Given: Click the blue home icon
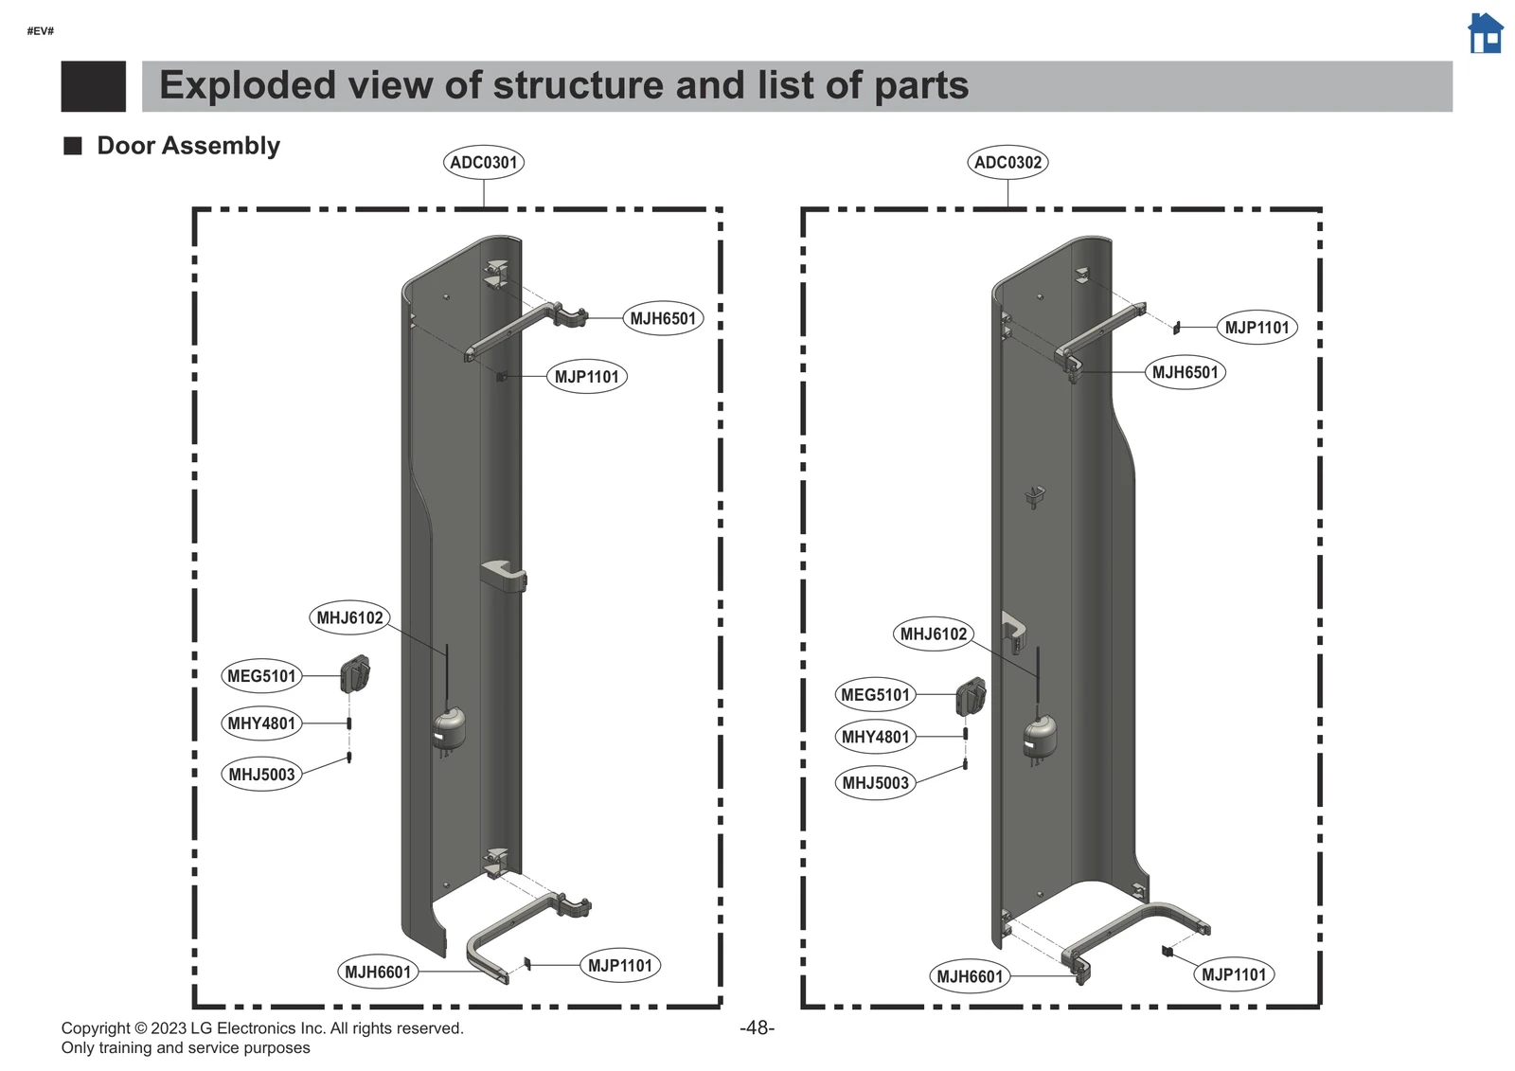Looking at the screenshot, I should point(1485,33).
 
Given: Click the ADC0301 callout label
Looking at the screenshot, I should point(484,162).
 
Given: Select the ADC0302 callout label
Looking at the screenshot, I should point(1007,162).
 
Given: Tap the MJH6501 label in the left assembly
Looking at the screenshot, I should point(663,319).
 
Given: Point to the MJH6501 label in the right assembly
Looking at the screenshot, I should point(1185,372).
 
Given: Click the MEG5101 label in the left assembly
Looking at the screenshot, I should point(262,676).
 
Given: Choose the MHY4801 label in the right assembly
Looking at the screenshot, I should point(875,737).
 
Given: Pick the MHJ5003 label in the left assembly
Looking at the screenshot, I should point(261,775).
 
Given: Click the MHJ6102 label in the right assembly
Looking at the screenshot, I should point(933,634).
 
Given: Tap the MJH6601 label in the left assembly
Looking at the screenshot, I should point(378,972).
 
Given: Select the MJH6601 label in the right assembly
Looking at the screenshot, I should point(969,976).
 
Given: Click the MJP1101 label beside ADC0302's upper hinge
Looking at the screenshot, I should point(1257,328).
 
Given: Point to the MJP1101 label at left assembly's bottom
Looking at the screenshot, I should point(619,965).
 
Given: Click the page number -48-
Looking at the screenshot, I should point(757,1027).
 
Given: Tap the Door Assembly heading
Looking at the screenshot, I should point(188,146).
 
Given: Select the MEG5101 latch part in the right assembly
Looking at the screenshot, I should point(971,697).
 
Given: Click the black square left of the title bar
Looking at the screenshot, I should point(93,86).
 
